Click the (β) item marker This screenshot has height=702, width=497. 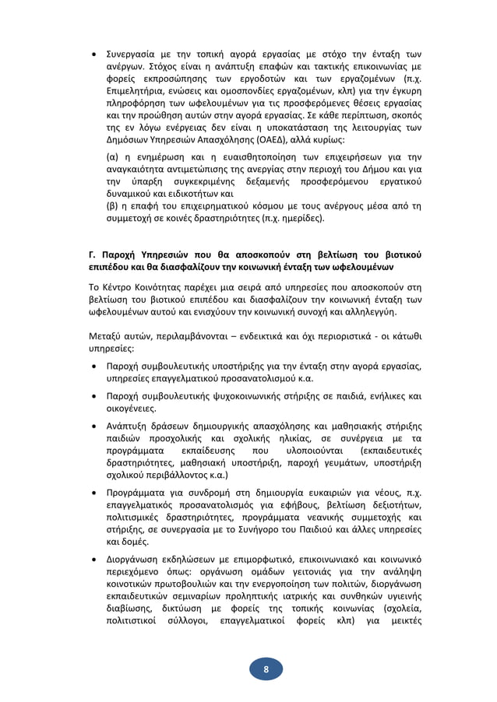(x=112, y=206)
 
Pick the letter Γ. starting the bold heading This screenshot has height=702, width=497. (x=94, y=254)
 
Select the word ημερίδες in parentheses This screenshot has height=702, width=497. (x=299, y=219)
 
